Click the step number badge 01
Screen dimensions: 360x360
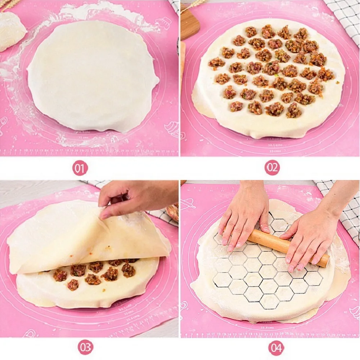tap(80, 168)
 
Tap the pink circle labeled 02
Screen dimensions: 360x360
tap(272, 168)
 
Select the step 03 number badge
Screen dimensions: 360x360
tap(86, 347)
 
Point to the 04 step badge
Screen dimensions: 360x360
tap(276, 348)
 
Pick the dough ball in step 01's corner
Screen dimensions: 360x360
tap(11, 31)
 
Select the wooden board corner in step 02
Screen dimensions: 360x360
tap(189, 23)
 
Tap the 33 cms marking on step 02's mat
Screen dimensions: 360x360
tap(275, 151)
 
